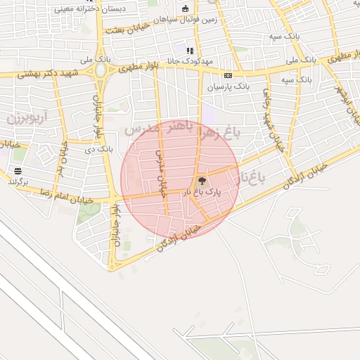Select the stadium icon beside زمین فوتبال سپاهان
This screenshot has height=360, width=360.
[x=185, y=9]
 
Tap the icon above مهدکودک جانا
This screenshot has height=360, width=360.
[x=190, y=51]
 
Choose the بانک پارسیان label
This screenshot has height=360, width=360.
[x=228, y=86]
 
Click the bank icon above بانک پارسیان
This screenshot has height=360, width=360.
[x=228, y=75]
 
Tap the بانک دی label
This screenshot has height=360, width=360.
[x=98, y=149]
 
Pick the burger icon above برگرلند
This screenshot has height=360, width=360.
[x=17, y=171]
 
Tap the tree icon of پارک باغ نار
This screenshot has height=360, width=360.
[x=202, y=181]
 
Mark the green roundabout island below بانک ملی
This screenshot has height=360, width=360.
[x=101, y=70]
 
